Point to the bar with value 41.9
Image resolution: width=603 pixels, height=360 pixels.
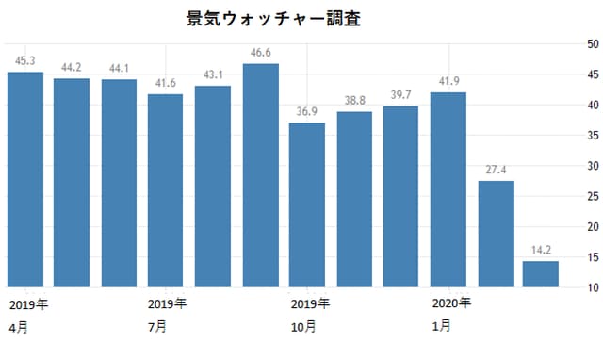pyautogui.click(x=448, y=189)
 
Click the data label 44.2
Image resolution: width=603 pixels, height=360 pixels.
pyautogui.click(x=72, y=67)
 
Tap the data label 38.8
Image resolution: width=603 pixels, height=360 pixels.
pyautogui.click(x=354, y=100)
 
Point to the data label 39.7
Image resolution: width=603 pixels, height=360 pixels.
pyautogui.click(x=401, y=94)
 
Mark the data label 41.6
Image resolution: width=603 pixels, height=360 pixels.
pyautogui.click(x=166, y=83)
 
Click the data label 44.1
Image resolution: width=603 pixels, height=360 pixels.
pyautogui.click(x=119, y=68)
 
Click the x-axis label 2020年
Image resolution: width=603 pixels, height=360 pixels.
pyautogui.click(x=451, y=303)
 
